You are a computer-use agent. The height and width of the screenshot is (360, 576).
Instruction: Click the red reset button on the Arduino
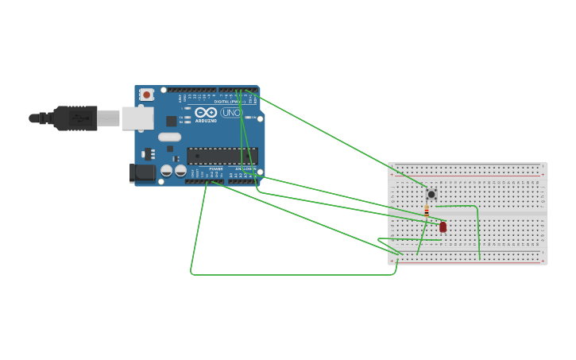pos(146,95)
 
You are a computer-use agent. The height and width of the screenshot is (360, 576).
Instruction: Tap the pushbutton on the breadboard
pos(431,194)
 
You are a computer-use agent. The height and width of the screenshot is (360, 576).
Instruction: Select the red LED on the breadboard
pos(443,226)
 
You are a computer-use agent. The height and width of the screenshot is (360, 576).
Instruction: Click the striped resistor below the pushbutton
pos(427,211)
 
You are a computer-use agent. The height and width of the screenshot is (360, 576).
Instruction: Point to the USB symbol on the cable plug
pos(77,118)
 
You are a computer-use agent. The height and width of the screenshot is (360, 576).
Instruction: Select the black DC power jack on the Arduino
pos(143,172)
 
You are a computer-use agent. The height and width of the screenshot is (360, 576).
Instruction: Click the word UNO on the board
pos(230,113)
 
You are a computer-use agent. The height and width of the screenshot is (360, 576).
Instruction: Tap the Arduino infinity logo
pos(206,112)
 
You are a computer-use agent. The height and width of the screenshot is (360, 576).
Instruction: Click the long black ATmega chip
pos(222,156)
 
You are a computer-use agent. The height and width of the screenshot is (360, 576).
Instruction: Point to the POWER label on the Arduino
pos(216,169)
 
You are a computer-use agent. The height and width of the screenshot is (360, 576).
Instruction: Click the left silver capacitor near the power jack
pos(167,171)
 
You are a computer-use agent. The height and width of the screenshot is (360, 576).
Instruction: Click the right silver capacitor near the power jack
pos(180,171)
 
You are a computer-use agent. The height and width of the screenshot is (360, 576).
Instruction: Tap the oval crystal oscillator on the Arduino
pos(169,137)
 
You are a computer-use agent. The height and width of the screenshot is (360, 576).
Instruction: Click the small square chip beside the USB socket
pos(171,121)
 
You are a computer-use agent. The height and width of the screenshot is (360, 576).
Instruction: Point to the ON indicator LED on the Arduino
pos(249,117)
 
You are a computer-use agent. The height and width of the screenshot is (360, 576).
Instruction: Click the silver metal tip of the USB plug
pos(109,118)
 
